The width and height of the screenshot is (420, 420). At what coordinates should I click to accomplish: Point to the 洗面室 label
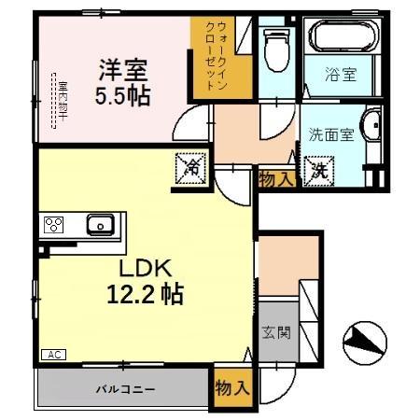pyautogui.click(x=330, y=133)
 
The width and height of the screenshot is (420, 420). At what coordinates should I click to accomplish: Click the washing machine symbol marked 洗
pyautogui.click(x=319, y=172)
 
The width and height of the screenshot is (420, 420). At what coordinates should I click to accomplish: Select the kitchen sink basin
pyautogui.click(x=100, y=224)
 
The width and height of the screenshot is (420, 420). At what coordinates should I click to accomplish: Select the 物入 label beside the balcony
pyautogui.click(x=231, y=387)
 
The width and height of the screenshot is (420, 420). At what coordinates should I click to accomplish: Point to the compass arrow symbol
pyautogui.click(x=362, y=342)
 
